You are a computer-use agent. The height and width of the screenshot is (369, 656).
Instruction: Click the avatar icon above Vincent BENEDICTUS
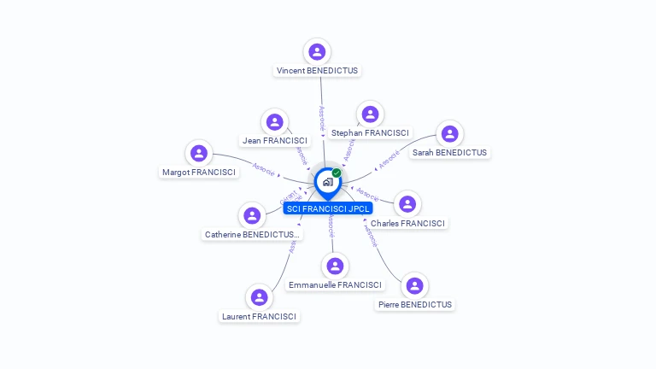coord(317,51)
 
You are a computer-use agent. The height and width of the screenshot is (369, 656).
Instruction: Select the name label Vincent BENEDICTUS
coord(317,71)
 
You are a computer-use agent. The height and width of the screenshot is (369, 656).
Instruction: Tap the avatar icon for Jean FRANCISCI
coord(274,121)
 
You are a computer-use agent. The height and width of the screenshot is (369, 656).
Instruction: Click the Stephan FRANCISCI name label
coord(370,133)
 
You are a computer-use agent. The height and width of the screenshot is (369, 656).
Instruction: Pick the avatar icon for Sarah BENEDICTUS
coord(449,133)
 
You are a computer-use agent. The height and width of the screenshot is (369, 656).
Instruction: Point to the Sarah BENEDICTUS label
coord(449,153)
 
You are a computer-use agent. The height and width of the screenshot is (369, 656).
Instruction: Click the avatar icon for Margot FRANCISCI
coord(199,153)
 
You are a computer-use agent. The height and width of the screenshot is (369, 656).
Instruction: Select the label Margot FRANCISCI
coord(199,173)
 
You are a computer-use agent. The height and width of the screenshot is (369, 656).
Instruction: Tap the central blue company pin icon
coord(327,182)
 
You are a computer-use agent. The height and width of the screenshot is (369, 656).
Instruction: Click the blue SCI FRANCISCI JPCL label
coord(328,208)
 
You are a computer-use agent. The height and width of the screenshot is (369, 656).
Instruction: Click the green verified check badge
coord(337,173)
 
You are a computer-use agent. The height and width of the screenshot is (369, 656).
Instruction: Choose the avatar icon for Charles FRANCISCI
coord(407,204)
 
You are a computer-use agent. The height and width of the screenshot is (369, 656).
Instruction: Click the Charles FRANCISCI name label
coord(407,224)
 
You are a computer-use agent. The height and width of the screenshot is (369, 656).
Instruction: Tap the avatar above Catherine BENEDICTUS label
coord(252,215)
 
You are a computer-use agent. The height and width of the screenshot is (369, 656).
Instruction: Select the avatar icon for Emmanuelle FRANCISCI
coord(336,266)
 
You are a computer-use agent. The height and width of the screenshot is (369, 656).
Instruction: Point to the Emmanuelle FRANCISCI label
coord(336,285)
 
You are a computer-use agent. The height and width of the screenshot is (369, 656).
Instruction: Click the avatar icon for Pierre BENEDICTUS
coord(414,285)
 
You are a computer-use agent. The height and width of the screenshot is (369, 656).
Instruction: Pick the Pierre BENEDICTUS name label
coord(414,305)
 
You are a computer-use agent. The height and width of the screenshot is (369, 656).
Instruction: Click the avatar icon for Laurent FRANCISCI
coord(259,297)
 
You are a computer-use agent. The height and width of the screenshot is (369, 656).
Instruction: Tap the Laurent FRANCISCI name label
coord(259,317)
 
